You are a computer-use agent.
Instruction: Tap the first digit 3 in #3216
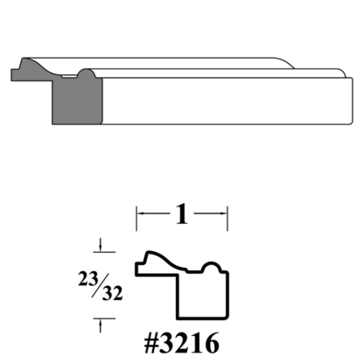coord(164,338)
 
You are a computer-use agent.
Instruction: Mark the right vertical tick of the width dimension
coord(228,216)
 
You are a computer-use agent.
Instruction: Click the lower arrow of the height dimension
coord(101,325)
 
